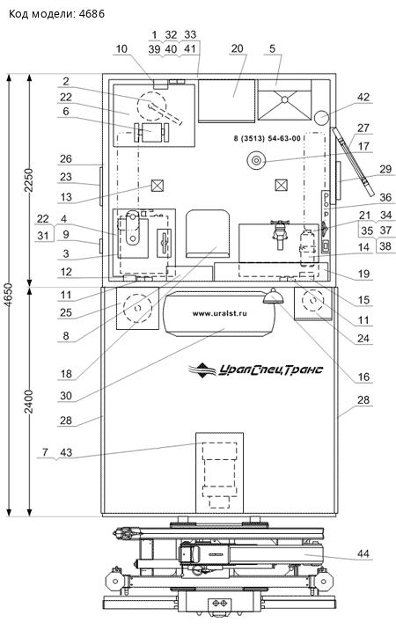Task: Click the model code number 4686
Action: [92, 13]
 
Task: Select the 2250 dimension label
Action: [30, 179]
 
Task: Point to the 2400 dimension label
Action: [30, 405]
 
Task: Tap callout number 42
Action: [363, 98]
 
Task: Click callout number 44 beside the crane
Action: [363, 553]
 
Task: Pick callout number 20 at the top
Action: [238, 48]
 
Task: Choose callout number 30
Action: [66, 396]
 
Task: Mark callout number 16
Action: [363, 377]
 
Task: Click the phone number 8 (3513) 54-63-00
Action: [267, 139]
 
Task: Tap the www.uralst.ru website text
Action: [219, 313]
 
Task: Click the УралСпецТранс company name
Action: [269, 370]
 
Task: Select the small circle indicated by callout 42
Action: [321, 118]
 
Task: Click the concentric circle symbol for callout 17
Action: [256, 160]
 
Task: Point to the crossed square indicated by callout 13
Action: [157, 186]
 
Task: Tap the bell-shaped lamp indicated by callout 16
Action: [272, 296]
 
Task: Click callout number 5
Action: [272, 48]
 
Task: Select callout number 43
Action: [66, 452]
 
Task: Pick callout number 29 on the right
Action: [385, 169]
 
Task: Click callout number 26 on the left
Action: [66, 158]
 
